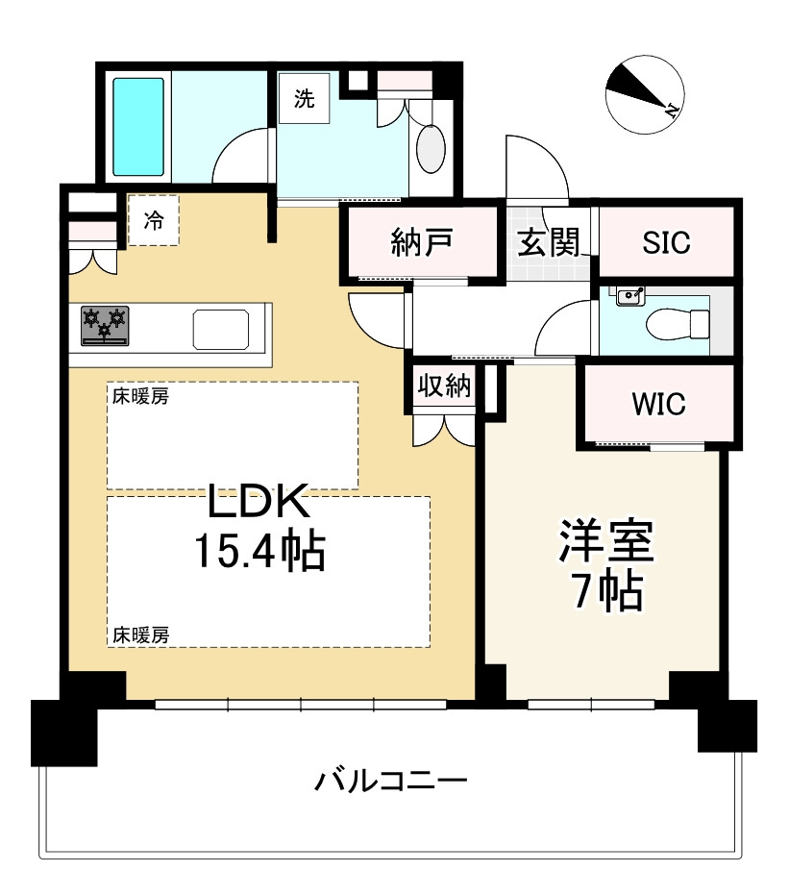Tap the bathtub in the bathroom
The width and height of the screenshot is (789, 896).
tap(138, 126)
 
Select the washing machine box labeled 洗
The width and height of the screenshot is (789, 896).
tap(304, 100)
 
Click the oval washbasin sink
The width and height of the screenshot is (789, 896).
tap(431, 150)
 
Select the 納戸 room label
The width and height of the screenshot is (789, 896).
tap(422, 243)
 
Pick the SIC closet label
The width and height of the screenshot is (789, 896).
tap(666, 243)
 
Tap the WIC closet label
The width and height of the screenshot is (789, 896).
tap(658, 405)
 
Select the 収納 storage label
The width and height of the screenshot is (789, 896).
tap(443, 386)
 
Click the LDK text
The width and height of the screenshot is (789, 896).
tap(259, 502)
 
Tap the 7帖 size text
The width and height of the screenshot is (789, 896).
tap(605, 593)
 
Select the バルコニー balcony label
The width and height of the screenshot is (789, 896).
tap(391, 780)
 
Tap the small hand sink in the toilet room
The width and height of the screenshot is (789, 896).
tap(629, 296)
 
